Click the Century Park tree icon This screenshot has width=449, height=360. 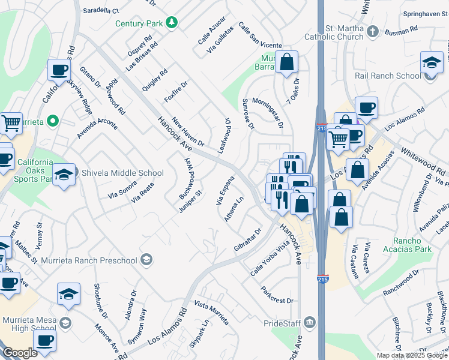[172, 23]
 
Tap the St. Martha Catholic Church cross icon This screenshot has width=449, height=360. [373, 31]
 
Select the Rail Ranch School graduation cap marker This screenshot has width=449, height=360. [432, 62]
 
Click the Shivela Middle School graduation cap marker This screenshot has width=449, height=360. [64, 175]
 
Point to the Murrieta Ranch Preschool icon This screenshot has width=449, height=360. [146, 260]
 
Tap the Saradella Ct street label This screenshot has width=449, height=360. [101, 11]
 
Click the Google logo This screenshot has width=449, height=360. [20, 353]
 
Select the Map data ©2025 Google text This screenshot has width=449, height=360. [412, 355]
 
